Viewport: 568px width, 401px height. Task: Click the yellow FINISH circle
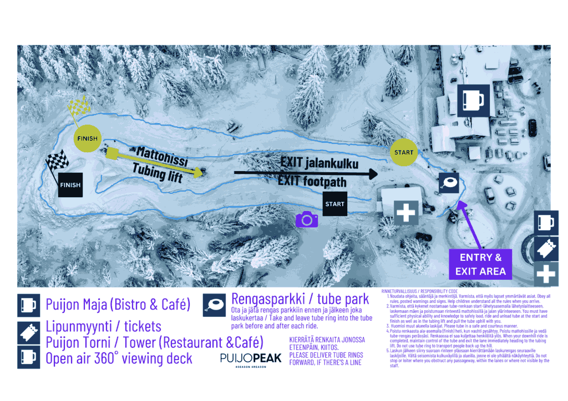[87, 138]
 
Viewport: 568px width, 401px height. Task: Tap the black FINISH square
[70, 185]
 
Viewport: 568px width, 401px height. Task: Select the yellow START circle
[403, 152]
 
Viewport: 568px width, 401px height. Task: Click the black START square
[334, 204]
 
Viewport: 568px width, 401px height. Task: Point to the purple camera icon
[306, 220]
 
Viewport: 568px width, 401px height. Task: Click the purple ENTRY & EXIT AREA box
[480, 264]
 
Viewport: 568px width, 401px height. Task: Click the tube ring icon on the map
[449, 182]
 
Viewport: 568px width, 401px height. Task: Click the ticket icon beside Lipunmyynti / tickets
[28, 331]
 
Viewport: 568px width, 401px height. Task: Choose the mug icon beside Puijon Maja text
[28, 305]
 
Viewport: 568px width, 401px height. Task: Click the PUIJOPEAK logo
[250, 358]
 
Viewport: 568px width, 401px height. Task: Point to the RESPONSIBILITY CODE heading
[419, 291]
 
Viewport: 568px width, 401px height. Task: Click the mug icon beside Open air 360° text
[28, 357]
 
